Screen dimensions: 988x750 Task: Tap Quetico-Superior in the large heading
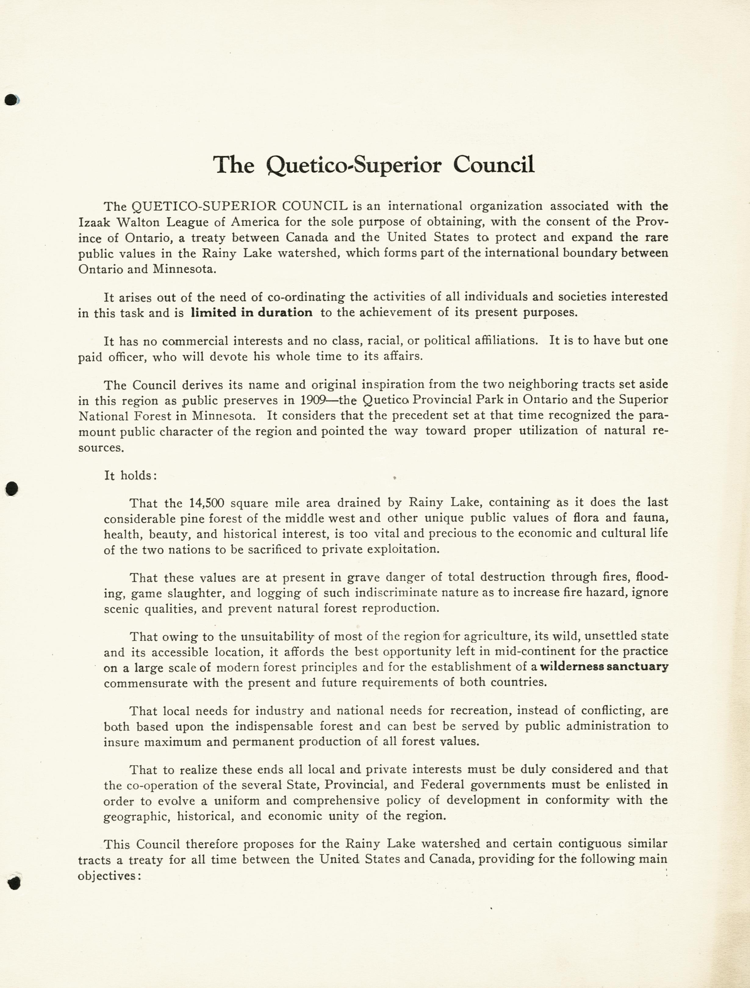[353, 165]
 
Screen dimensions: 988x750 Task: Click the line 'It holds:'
[130, 475]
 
